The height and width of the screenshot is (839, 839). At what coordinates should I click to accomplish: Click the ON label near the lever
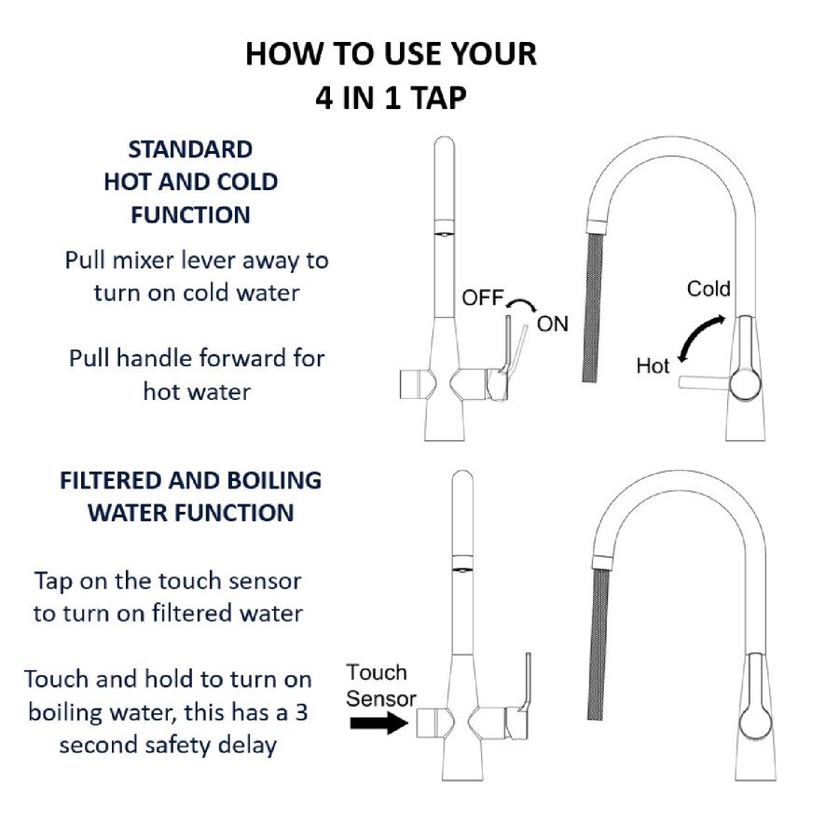(x=552, y=324)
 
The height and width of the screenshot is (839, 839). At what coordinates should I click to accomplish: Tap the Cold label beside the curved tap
(x=708, y=288)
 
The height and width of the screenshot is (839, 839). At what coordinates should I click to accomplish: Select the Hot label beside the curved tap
(x=653, y=366)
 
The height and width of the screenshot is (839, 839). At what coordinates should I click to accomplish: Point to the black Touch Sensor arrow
(x=378, y=722)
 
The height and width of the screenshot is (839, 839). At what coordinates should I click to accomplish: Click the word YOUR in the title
(x=490, y=53)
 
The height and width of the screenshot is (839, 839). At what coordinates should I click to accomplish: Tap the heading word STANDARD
(x=190, y=149)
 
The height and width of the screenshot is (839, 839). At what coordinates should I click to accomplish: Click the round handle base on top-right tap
(x=747, y=383)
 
